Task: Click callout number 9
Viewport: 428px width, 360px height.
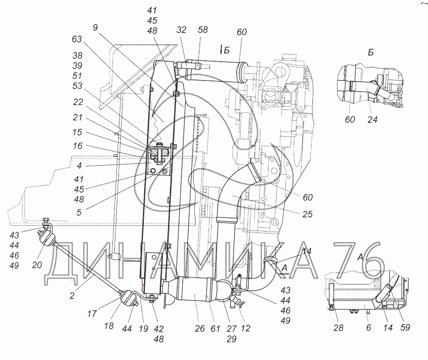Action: (95, 27)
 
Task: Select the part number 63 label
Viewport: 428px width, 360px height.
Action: (77, 39)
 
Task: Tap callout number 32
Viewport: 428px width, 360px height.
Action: (181, 30)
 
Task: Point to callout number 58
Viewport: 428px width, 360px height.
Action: (203, 30)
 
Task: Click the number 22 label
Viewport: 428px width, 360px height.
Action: (78, 102)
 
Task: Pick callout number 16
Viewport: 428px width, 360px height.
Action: (77, 146)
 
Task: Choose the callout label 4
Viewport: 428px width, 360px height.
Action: (79, 165)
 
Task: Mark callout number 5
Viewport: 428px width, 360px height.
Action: (79, 212)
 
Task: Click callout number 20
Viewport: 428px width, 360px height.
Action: (37, 265)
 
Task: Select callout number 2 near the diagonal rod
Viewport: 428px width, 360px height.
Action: (72, 295)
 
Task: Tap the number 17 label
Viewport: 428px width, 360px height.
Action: (92, 314)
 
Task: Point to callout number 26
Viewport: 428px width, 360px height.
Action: (200, 328)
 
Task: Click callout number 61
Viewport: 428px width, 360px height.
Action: (215, 328)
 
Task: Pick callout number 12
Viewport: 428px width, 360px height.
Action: (245, 328)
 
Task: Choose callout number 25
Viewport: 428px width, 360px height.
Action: (307, 214)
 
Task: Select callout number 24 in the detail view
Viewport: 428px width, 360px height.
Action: (372, 119)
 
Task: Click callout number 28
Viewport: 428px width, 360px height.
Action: (339, 327)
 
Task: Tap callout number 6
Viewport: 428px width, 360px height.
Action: (369, 327)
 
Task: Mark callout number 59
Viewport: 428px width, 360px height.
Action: (405, 327)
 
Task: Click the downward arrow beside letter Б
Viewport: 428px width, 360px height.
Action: (221, 51)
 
